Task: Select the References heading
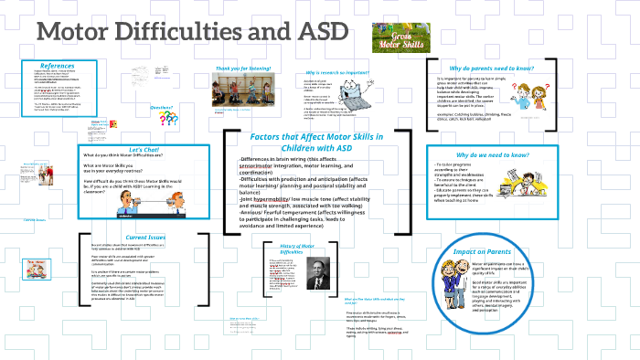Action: coord(58,66)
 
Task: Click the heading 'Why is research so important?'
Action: coord(338,71)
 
